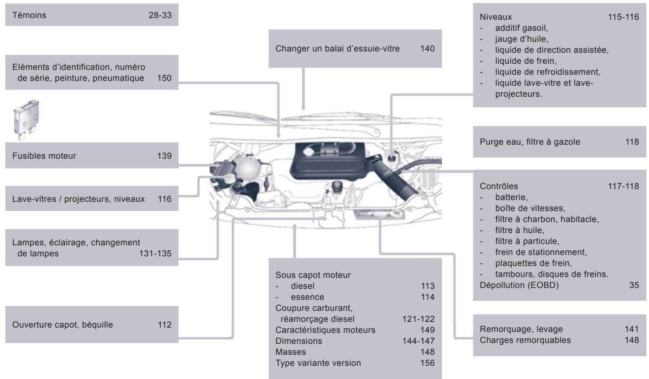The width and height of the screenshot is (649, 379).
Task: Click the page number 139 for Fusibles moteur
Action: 164,156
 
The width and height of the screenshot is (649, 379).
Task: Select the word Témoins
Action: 29,15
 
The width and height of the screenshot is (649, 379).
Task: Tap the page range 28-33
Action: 160,15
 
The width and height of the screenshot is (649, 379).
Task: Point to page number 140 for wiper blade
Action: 427,48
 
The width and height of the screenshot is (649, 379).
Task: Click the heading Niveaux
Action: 496,17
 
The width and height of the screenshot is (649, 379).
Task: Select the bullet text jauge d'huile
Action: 521,39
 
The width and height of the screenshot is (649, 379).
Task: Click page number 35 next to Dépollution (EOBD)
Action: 634,285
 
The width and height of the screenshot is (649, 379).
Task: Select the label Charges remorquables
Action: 525,340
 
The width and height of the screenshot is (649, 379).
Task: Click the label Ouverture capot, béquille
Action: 62,325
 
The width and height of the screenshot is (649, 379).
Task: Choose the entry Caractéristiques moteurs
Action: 325,330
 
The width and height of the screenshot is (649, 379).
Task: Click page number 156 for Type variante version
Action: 427,363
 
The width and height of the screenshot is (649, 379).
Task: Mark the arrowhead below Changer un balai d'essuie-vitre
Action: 303,107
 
